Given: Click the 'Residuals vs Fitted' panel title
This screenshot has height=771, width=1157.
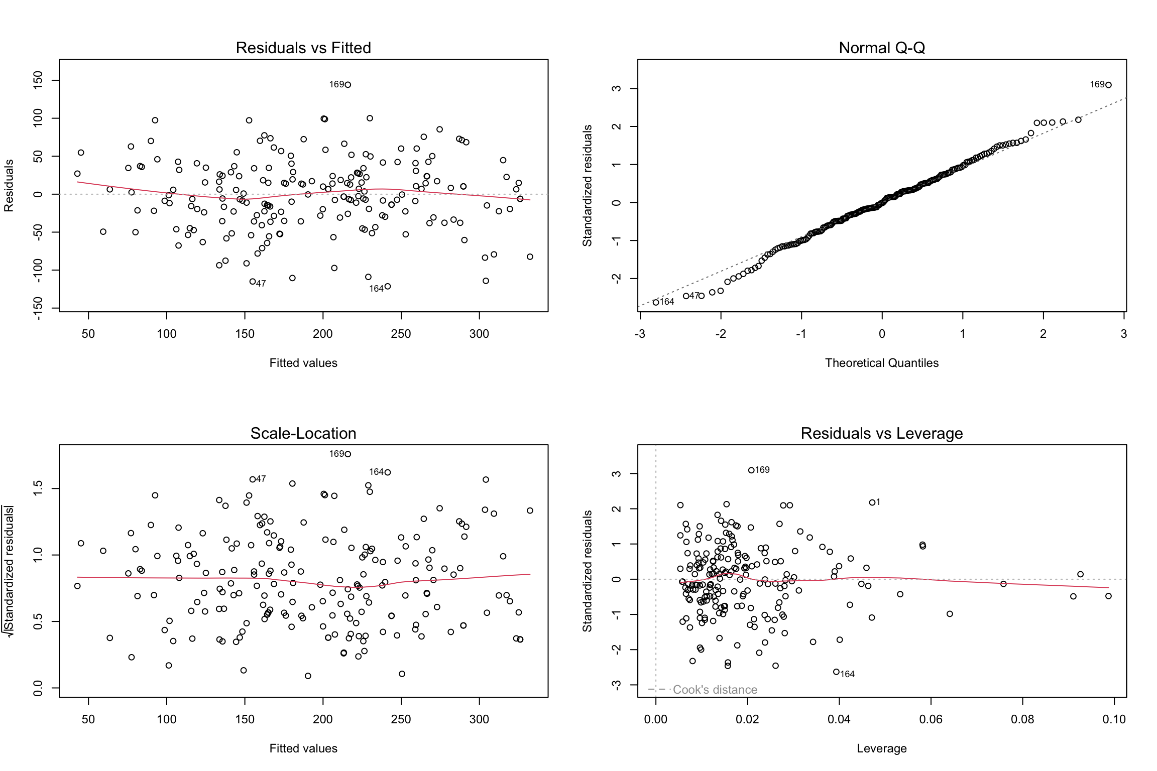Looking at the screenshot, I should coord(303,48).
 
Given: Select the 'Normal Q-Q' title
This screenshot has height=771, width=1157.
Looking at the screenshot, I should coord(881,48).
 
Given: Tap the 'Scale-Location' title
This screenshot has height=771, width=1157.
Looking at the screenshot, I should coord(303,433).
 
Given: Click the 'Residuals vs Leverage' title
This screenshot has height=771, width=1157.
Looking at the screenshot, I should coord(881,433).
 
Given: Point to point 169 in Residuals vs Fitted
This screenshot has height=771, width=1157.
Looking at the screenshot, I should coord(348,85).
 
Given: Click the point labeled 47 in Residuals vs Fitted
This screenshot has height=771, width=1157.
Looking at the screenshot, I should coord(253,282).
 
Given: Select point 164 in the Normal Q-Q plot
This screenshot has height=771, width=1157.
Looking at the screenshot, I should coord(656,302).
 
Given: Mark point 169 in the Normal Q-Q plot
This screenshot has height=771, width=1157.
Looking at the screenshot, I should coord(1109,85).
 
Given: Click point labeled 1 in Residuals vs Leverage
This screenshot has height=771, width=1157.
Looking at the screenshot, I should coord(872,502).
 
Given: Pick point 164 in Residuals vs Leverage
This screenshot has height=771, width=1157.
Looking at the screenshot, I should coord(836,672).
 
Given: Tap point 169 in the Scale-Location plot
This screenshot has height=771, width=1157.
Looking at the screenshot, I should coord(348,454).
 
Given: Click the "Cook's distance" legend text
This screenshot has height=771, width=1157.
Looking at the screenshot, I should coord(715,690).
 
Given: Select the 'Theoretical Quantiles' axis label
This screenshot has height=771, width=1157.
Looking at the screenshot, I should coord(881,363).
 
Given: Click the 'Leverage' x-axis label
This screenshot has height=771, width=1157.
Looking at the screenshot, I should coord(881,748).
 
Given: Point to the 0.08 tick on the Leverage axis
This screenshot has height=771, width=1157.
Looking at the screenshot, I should coord(1022,719).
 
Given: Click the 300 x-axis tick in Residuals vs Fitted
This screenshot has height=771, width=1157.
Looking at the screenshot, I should coord(479,334).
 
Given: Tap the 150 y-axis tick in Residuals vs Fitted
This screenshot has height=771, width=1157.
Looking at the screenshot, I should coord(38,80).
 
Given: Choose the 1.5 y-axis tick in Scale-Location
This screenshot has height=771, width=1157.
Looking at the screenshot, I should coord(38,488).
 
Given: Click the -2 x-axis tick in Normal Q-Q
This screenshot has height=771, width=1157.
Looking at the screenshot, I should coord(721,334).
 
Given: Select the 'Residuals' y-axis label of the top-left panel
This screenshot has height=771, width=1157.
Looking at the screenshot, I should coord(9,186).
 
